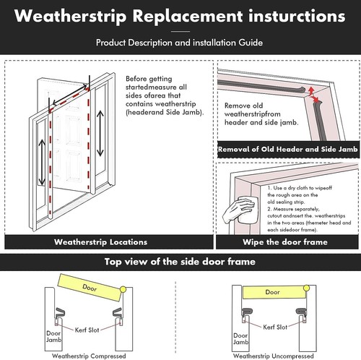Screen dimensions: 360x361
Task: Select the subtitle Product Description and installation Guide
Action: (180, 43)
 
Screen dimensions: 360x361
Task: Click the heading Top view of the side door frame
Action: (180, 262)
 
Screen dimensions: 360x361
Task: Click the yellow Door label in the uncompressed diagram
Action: (272, 292)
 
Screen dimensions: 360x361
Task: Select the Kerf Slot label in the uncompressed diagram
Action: (272, 327)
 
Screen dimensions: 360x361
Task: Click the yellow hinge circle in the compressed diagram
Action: (123, 289)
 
